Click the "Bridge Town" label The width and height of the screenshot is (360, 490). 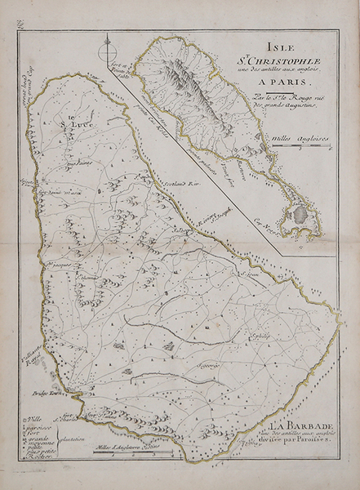(x=50, y=394)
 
